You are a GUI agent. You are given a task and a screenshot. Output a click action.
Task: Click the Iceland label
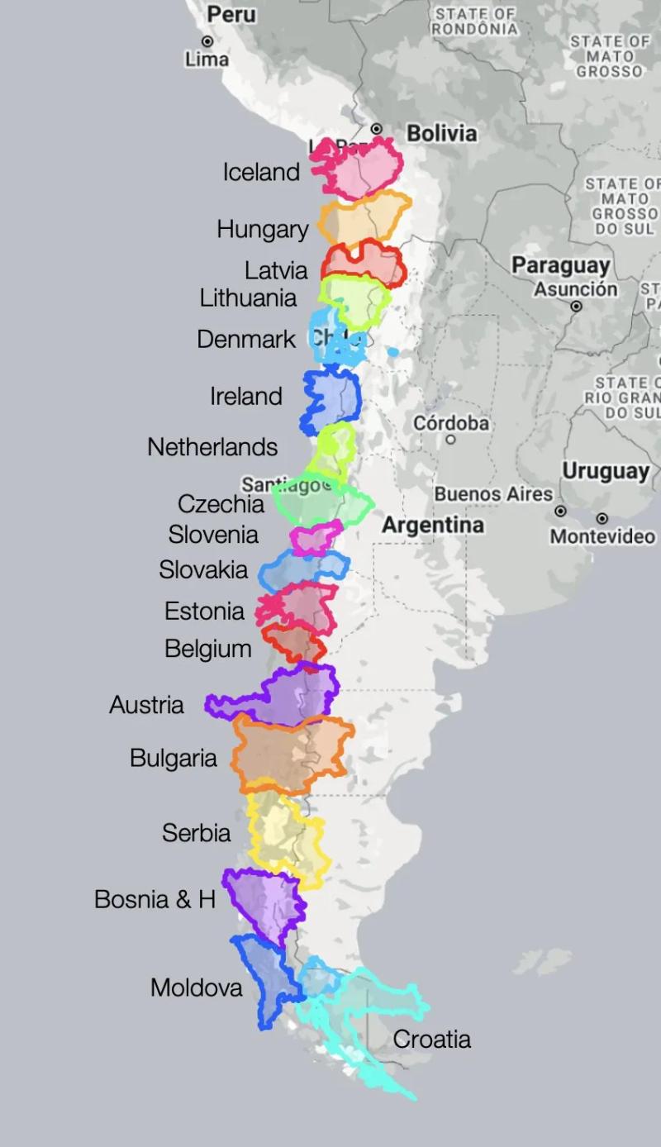261,172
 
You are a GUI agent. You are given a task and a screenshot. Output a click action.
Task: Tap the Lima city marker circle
207,41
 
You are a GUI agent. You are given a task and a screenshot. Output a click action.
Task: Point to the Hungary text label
262,229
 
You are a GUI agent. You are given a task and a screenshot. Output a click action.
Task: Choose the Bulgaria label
174,758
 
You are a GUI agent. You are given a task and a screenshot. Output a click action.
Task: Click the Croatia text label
431,1039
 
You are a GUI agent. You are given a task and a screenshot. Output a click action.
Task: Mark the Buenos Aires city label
493,494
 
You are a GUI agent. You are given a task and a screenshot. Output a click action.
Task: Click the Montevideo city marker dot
602,518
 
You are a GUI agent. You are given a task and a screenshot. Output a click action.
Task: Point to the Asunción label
575,289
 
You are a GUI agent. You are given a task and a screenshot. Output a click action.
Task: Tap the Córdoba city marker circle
451,440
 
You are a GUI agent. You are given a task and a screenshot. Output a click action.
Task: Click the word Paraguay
560,265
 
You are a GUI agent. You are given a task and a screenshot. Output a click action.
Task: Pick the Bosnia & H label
155,899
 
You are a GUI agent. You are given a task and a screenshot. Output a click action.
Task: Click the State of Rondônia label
474,21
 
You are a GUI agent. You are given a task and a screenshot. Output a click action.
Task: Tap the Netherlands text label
212,447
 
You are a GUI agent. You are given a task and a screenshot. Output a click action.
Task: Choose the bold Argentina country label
433,526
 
